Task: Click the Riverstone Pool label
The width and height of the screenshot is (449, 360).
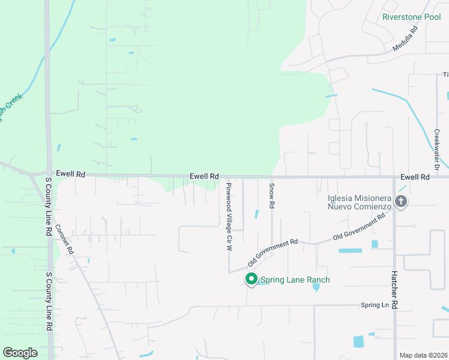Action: (x=411, y=17)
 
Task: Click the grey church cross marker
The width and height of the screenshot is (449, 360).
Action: (x=401, y=201)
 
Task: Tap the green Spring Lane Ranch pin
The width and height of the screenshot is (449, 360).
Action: (x=252, y=279)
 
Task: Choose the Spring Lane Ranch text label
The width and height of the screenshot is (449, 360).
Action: (x=295, y=280)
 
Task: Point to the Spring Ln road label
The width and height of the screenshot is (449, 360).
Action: (x=375, y=305)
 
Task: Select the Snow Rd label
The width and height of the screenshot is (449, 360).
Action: (x=272, y=196)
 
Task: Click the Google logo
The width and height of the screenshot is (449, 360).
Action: (x=20, y=352)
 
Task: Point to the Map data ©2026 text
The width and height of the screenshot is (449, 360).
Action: (x=423, y=355)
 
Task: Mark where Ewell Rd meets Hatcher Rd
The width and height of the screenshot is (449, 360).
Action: (x=394, y=178)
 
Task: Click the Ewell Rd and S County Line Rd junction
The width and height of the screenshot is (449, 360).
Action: (x=47, y=174)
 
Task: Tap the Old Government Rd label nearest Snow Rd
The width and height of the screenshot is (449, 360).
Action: (x=273, y=253)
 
